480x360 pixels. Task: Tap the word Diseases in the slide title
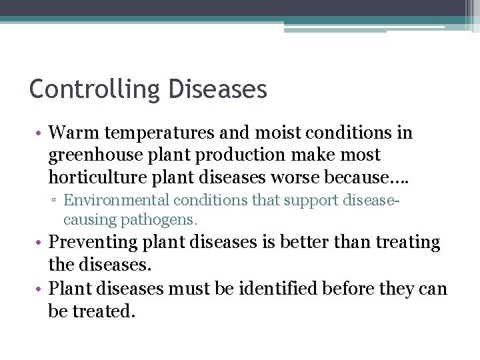tap(218, 89)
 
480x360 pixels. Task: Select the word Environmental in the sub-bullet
tap(118, 199)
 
